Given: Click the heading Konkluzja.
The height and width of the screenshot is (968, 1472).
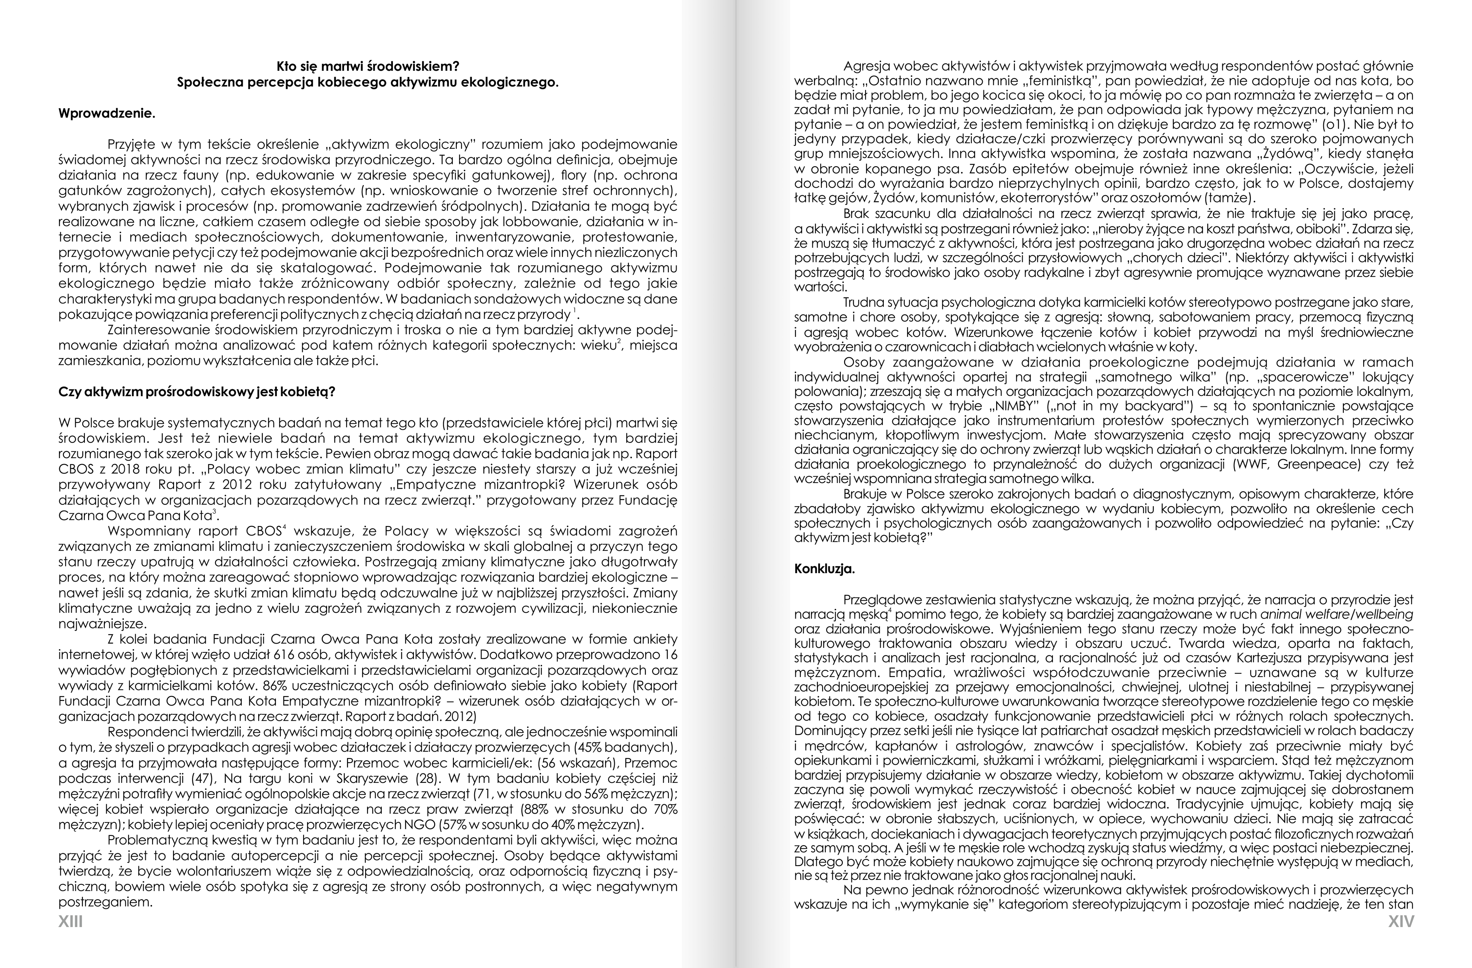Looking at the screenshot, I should click(824, 569).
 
